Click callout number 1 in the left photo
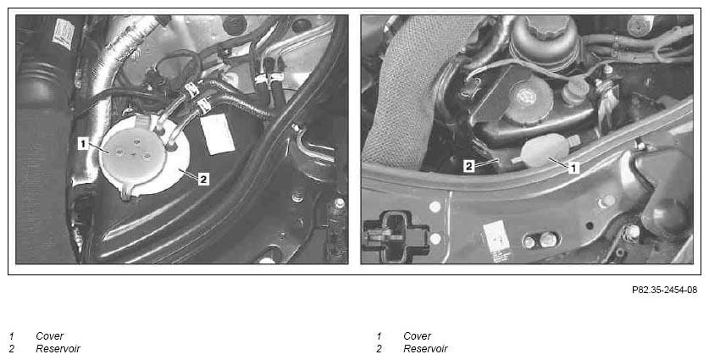click(x=83, y=144)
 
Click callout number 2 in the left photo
click(x=203, y=180)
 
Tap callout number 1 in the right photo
click(x=573, y=169)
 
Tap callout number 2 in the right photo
click(x=469, y=166)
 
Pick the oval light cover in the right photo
click(x=543, y=150)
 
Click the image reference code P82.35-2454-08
click(x=664, y=290)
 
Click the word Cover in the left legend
click(x=50, y=336)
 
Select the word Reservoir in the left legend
click(x=58, y=349)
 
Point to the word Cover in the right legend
click(x=418, y=336)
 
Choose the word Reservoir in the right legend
click(x=425, y=349)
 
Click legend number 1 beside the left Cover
click(x=11, y=336)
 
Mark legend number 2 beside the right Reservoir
click(x=379, y=349)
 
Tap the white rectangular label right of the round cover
click(x=218, y=134)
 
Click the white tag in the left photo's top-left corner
click(x=64, y=33)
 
